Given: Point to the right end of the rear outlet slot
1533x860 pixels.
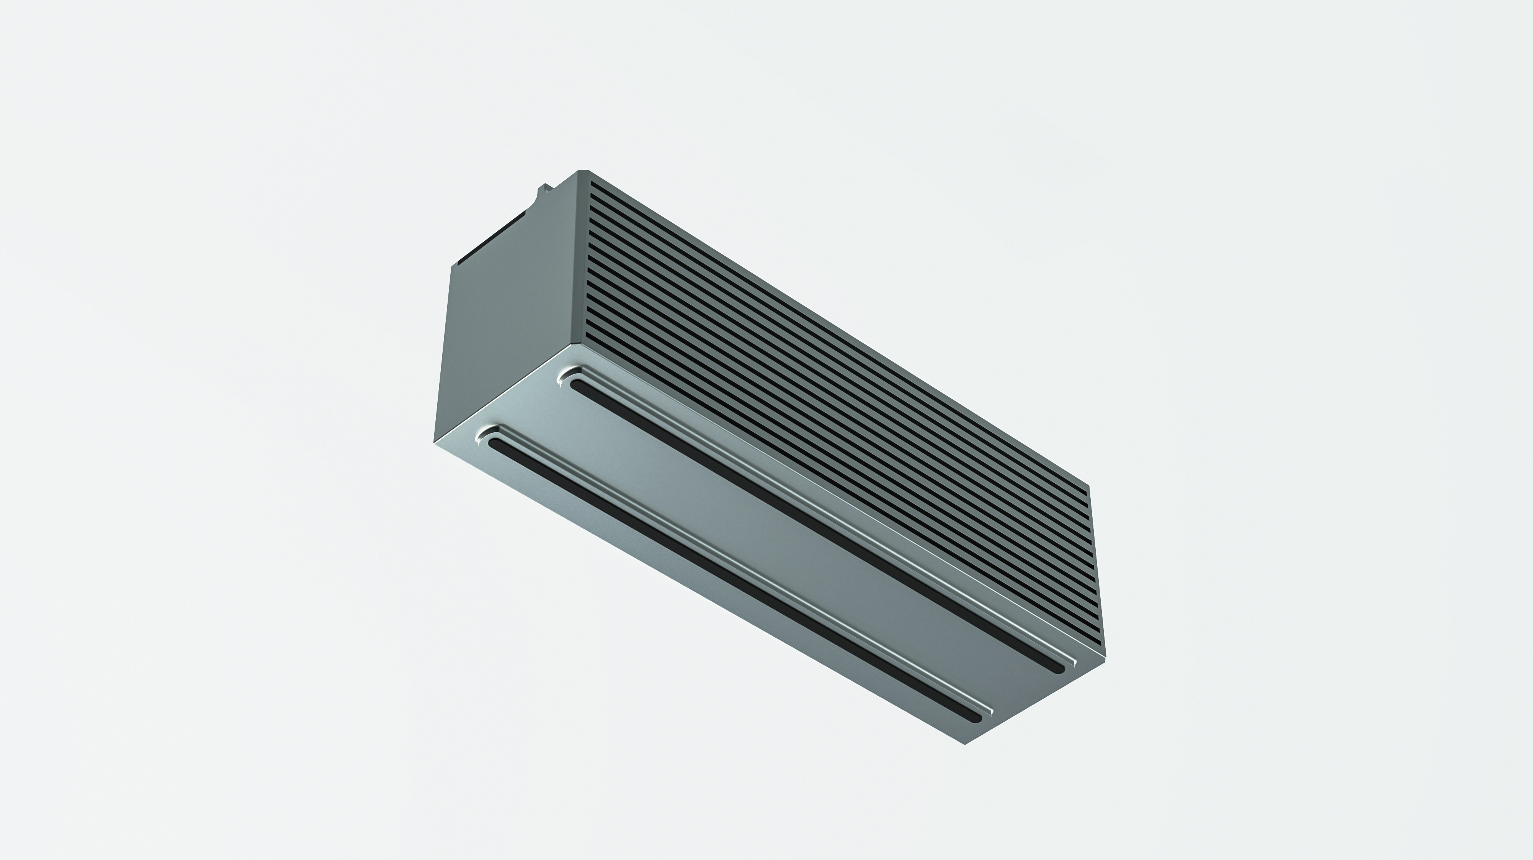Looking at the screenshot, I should [x=1059, y=668].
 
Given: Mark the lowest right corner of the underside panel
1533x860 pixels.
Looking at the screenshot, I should [x=965, y=744].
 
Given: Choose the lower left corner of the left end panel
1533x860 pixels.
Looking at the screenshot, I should [x=435, y=441].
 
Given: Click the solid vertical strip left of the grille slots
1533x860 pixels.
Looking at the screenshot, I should [x=583, y=256].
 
